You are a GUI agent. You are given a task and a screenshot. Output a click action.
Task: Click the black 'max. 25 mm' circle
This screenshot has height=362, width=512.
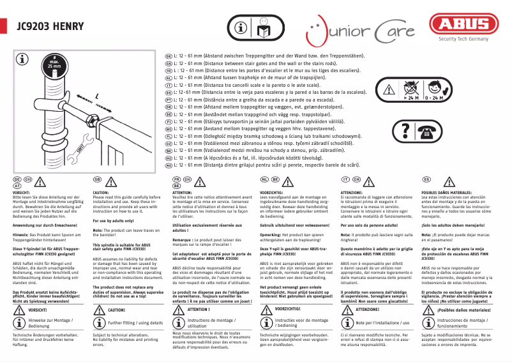click(x=54, y=63)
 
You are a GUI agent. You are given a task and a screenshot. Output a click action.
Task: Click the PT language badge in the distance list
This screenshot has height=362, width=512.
click(x=169, y=100)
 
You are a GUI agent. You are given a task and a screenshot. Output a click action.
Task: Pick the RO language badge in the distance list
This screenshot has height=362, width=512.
click(x=169, y=165)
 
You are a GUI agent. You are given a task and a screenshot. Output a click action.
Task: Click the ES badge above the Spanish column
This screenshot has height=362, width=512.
click(x=426, y=180)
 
